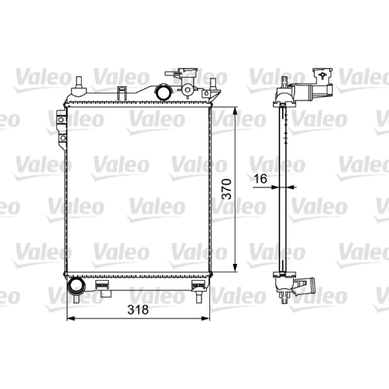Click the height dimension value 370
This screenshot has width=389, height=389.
click(226, 189)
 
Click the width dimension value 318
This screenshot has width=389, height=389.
click(138, 309)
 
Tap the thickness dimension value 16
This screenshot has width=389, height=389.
click(261, 178)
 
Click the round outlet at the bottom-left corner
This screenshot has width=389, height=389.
click(76, 286)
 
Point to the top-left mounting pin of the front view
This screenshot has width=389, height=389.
click(79, 82)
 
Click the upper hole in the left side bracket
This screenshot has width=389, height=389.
click(61, 120)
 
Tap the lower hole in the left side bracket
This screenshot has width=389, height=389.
click(63, 138)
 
